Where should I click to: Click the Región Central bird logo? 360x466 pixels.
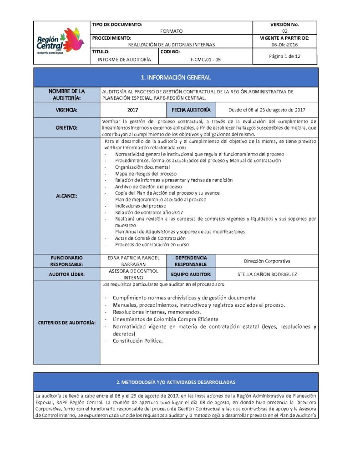(61, 41)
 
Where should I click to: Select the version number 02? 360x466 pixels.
(284, 31)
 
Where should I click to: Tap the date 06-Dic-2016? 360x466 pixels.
(284, 45)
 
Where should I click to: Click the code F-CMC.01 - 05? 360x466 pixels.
(206, 60)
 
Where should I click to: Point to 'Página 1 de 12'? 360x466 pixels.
(284, 56)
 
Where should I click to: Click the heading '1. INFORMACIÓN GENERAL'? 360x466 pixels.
(176, 78)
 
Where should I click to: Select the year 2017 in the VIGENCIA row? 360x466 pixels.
(133, 110)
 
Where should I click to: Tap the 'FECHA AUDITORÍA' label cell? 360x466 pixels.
(191, 110)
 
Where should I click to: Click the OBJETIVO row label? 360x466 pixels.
(66, 128)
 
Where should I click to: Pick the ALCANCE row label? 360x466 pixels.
(66, 196)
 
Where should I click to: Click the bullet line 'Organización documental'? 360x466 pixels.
(142, 167)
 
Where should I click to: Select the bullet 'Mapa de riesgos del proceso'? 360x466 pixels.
(146, 173)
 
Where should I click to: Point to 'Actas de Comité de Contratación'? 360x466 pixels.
(150, 238)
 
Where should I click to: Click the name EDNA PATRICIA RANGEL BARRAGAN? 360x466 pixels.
(134, 260)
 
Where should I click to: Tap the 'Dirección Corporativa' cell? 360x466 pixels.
(267, 261)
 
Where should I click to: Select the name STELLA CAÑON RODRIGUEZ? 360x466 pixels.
(267, 274)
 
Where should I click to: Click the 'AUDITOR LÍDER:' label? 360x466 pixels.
(66, 274)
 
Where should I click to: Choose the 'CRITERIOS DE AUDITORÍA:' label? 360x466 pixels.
(66, 323)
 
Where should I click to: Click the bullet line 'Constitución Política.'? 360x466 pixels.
(137, 340)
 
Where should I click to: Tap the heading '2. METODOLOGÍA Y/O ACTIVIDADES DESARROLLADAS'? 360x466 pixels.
(176, 381)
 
